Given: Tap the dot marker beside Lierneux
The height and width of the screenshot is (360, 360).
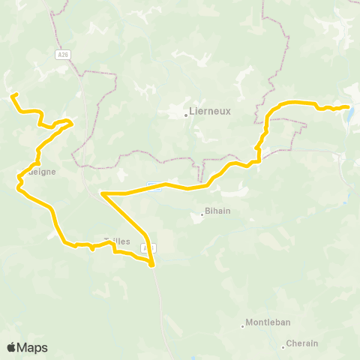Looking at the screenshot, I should click(x=186, y=115).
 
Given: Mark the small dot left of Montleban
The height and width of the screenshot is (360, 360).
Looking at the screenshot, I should click(x=244, y=325).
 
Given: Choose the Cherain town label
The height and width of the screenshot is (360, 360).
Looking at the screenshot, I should click(x=303, y=343).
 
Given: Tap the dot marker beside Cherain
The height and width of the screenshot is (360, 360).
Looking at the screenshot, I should click(x=283, y=346).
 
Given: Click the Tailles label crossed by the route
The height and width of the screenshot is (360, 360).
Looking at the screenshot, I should click(x=117, y=241).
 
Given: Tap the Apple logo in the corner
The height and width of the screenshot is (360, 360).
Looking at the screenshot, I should click(x=11, y=347).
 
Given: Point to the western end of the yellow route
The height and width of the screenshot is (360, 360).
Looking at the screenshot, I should click(x=13, y=94).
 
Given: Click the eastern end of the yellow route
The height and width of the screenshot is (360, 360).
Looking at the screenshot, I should click(x=347, y=107).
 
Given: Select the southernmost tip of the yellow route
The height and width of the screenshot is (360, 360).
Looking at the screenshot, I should click(x=152, y=265).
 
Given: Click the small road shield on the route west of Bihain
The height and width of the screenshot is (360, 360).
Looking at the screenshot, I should click(x=153, y=185).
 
